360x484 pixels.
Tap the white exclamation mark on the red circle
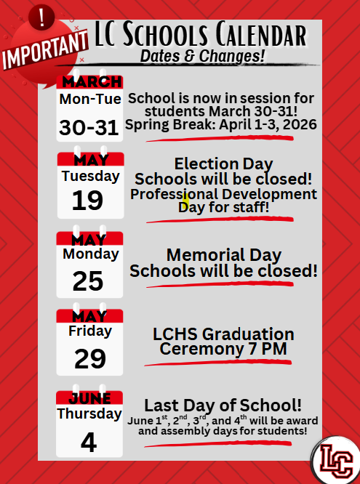coord(41,18)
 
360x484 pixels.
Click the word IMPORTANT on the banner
coord(45,51)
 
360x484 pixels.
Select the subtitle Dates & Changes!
coord(201,55)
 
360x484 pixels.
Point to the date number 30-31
coord(89,127)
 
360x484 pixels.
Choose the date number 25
coord(88,281)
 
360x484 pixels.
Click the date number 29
coord(89,358)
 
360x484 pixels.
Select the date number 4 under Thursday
coord(89,442)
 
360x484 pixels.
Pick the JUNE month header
coord(89,398)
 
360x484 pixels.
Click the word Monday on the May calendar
coord(90,254)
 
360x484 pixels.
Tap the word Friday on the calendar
coord(89,331)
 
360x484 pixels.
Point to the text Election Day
coord(223,164)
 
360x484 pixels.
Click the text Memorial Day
coord(223,255)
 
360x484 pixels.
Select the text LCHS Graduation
coord(223,334)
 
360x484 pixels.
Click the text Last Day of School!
coord(223,405)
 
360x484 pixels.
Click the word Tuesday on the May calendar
coord(90,176)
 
